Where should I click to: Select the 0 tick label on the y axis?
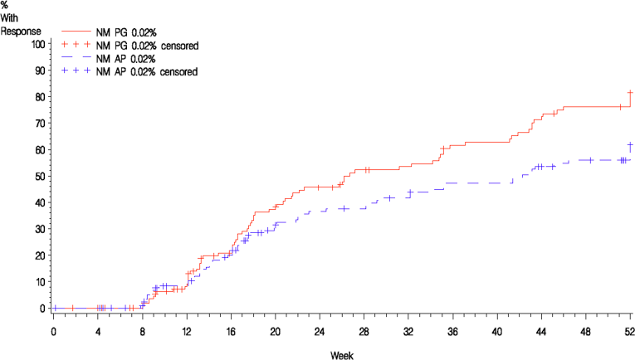41,309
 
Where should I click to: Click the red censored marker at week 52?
630,92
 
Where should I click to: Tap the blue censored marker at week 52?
630,145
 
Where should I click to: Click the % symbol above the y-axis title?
5,5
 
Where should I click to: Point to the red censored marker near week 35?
443,149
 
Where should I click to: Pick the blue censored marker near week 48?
590,160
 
